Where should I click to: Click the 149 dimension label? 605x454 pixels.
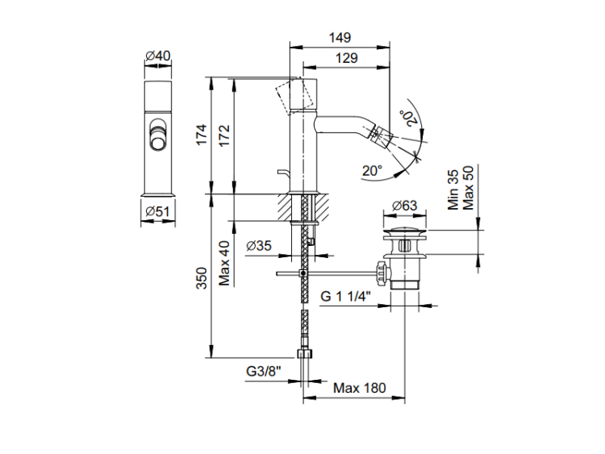340,38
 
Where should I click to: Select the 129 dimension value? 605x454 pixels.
347,58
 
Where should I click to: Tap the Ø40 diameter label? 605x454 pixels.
158,56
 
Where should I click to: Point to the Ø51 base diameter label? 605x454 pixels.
158,211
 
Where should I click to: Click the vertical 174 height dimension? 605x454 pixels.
202,135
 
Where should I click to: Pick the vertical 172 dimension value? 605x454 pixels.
224,135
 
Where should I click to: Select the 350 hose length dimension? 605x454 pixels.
202,278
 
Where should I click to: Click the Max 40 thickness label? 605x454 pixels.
224,264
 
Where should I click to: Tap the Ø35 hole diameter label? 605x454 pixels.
259,245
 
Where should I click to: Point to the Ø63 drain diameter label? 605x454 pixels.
404,205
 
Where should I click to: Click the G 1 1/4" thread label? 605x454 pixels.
346,297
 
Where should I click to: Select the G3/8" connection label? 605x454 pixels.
264,371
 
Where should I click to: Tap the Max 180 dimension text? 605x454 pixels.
360,388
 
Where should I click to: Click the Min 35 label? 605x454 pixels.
453,190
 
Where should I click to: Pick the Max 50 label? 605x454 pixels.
468,188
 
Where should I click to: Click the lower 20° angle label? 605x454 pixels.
372,170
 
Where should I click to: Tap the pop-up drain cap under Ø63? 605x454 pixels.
405,232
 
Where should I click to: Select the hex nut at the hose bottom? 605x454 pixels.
305,354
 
